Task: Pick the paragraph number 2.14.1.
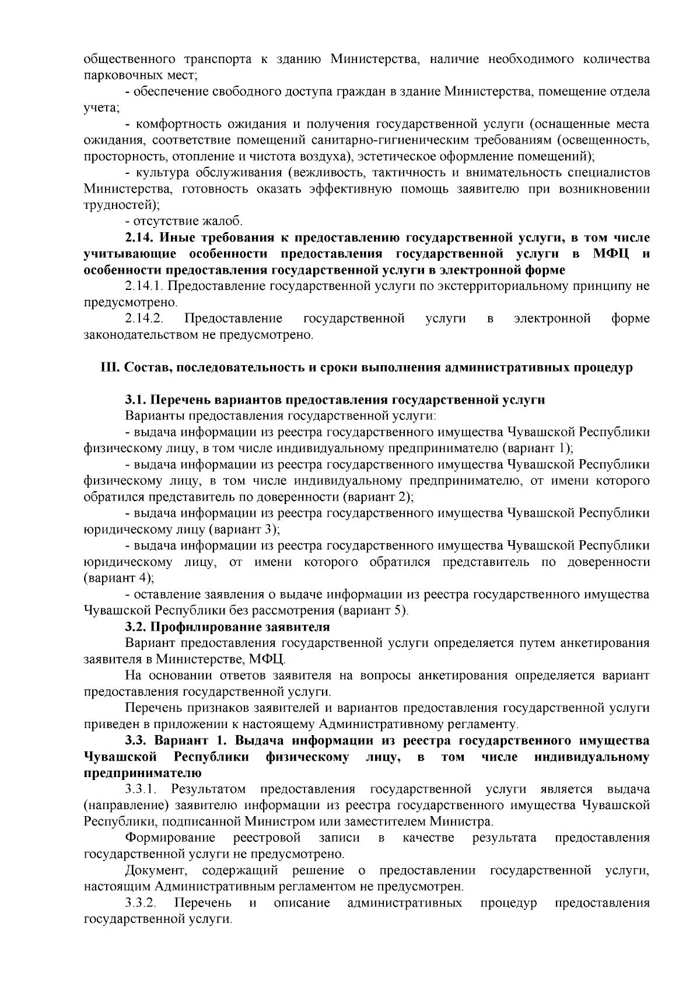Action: click(143, 286)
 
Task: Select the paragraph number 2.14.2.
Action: click(143, 319)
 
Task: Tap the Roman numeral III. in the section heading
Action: click(111, 368)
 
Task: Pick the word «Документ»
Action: click(156, 870)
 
